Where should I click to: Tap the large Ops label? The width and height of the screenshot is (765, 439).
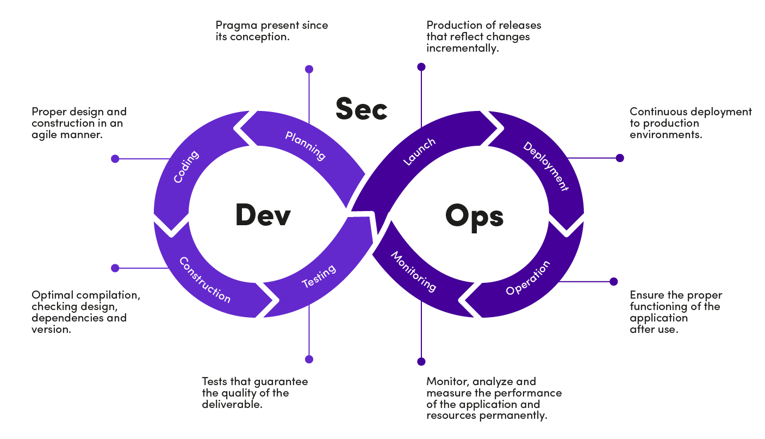pyautogui.click(x=474, y=216)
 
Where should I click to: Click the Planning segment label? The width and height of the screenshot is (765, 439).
pyautogui.click(x=305, y=146)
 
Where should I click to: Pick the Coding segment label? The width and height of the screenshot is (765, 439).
pyautogui.click(x=186, y=166)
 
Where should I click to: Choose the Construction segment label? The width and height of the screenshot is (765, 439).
pyautogui.click(x=205, y=280)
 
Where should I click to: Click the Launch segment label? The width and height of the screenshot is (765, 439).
pyautogui.click(x=419, y=152)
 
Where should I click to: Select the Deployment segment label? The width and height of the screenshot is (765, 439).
pyautogui.click(x=545, y=166)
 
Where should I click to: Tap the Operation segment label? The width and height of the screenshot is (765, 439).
pyautogui.click(x=528, y=278)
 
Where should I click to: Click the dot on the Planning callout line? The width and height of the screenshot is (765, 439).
pyautogui.click(x=309, y=69)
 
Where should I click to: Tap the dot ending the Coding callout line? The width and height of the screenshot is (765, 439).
pyautogui.click(x=115, y=159)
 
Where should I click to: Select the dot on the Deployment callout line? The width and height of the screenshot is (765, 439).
pyautogui.click(x=619, y=158)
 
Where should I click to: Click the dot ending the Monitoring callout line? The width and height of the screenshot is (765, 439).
pyautogui.click(x=421, y=362)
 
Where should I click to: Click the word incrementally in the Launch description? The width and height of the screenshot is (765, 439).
pyautogui.click(x=462, y=48)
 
